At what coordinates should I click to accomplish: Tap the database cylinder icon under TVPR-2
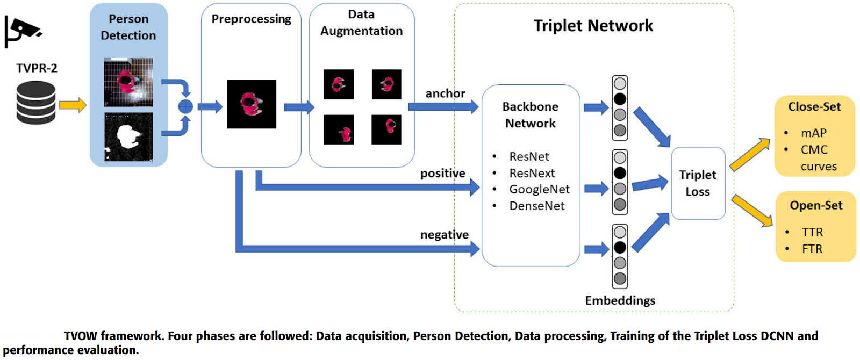[x=36, y=103]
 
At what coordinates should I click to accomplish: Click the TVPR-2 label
[x=37, y=68]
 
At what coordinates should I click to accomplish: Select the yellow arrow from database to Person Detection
[x=73, y=105]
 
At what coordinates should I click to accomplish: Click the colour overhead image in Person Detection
[x=128, y=82]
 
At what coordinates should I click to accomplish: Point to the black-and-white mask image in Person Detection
[x=128, y=136]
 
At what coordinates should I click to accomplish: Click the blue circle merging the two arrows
[x=185, y=106]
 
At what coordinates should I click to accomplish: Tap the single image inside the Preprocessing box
[x=252, y=104]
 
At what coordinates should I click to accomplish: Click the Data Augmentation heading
[x=361, y=23]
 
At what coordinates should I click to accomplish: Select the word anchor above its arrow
[x=445, y=93]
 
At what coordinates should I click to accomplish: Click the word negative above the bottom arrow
[x=444, y=235]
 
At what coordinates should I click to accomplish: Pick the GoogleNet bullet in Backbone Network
[x=539, y=189]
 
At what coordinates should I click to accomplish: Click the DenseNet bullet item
[x=536, y=206]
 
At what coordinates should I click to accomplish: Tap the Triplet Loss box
[x=698, y=183]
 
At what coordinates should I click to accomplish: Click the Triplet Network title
[x=593, y=25]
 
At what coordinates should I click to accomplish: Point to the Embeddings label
[x=620, y=300]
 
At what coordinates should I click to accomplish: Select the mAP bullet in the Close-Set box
[x=813, y=133]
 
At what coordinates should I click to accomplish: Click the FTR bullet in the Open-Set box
[x=812, y=249]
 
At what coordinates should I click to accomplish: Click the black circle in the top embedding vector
[x=620, y=99]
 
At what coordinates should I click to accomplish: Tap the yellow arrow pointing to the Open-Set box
[x=752, y=211]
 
